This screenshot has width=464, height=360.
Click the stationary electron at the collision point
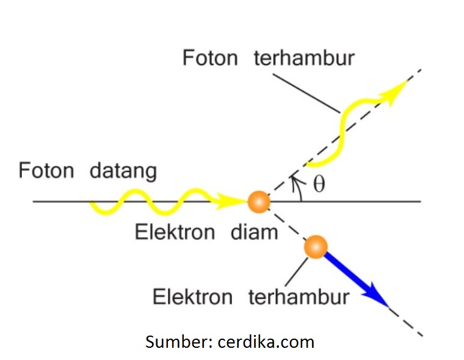[258, 200]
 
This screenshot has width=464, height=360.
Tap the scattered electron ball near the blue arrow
[316, 247]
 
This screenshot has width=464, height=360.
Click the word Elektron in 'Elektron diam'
[175, 232]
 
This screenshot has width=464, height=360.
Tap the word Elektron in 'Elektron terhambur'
[192, 297]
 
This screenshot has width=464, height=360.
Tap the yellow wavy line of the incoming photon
[153, 200]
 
